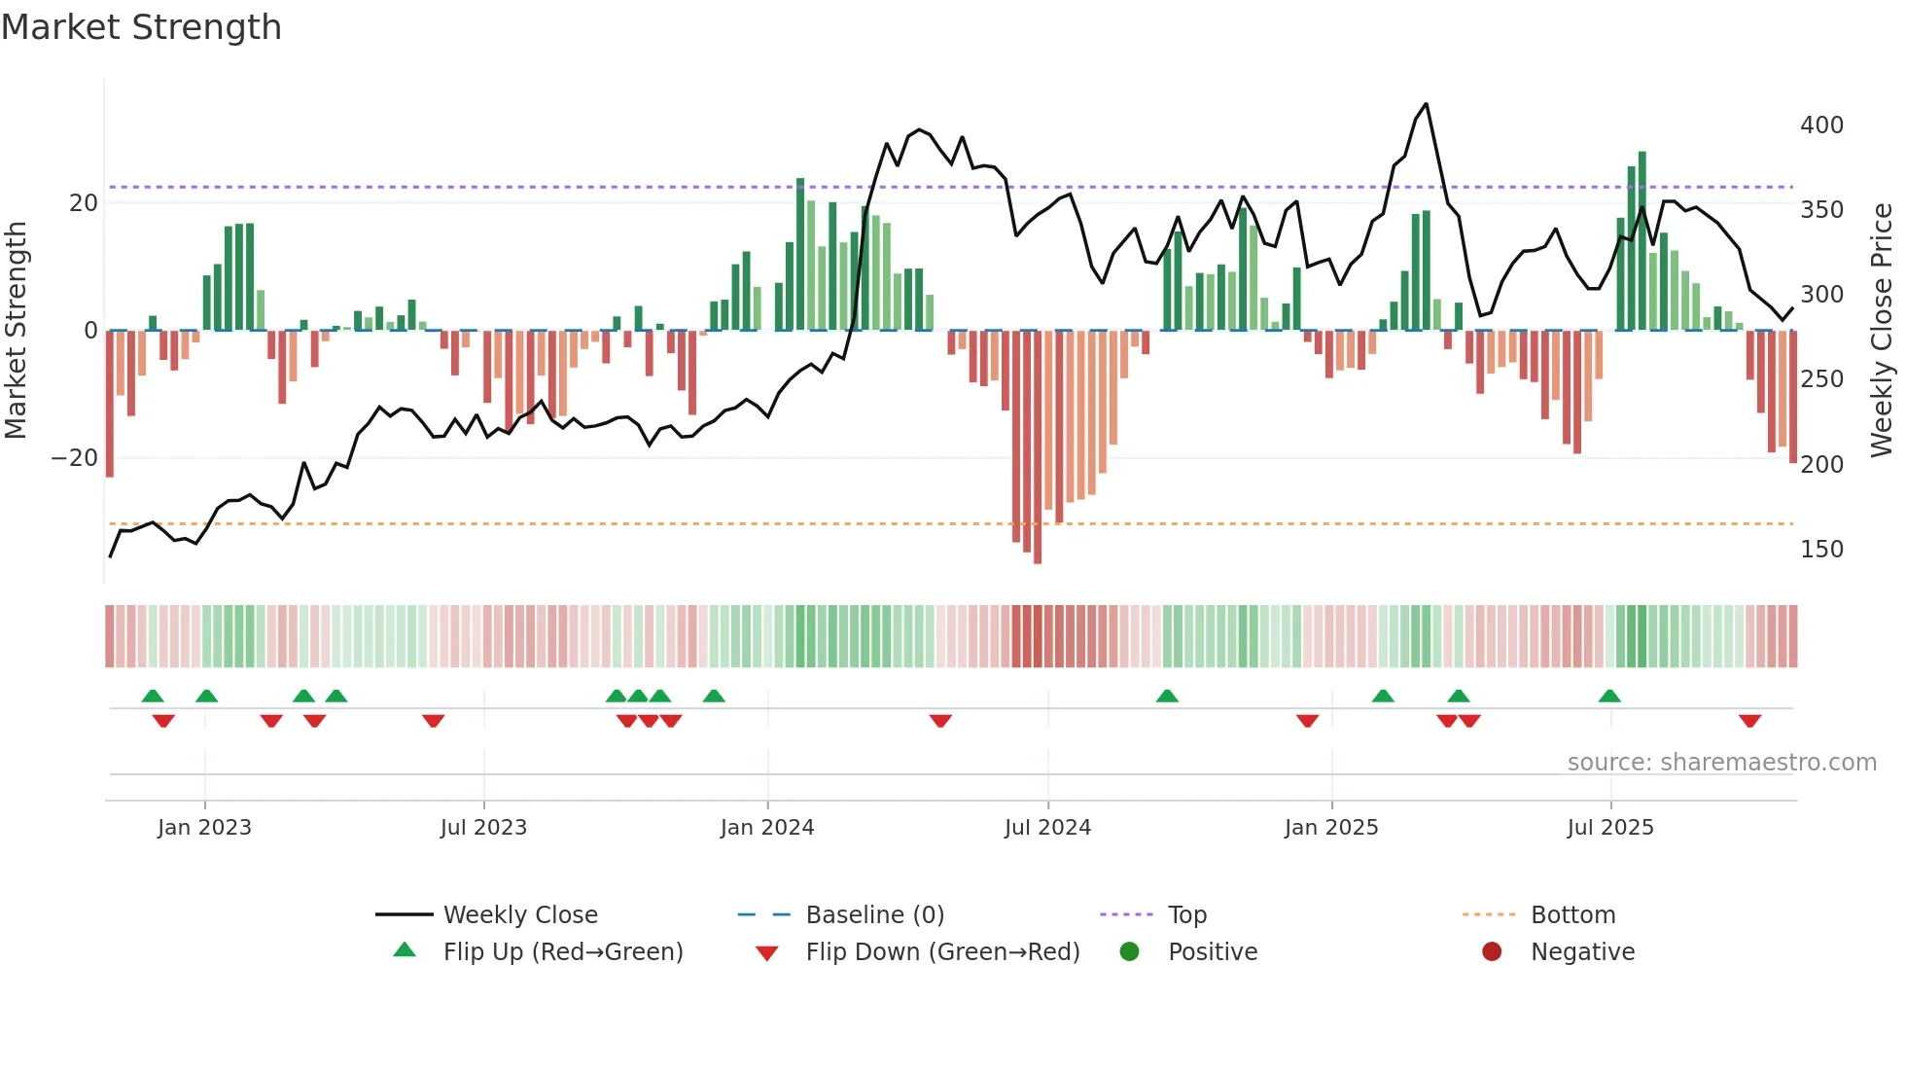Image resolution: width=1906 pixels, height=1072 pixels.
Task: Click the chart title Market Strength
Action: (141, 27)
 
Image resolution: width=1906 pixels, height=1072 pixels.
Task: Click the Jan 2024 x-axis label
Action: (766, 828)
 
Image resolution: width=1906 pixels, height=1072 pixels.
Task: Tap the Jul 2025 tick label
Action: (1609, 828)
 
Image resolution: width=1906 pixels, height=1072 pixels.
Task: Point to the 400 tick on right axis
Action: (1821, 125)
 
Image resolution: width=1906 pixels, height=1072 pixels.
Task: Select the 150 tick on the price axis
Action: (1821, 550)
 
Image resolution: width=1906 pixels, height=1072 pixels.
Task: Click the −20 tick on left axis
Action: (75, 458)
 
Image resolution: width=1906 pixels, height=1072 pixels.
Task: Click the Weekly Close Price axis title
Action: (1882, 331)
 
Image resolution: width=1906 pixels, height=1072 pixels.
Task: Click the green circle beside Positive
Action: (1129, 952)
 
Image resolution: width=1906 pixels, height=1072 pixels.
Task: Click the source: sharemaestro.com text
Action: (1721, 763)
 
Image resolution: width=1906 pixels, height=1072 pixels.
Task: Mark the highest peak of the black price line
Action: (1426, 104)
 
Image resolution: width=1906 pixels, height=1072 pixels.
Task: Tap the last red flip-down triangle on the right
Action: (1749, 721)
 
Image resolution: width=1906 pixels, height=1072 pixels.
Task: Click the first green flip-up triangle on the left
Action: (153, 696)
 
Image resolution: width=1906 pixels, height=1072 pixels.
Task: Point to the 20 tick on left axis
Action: (84, 203)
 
